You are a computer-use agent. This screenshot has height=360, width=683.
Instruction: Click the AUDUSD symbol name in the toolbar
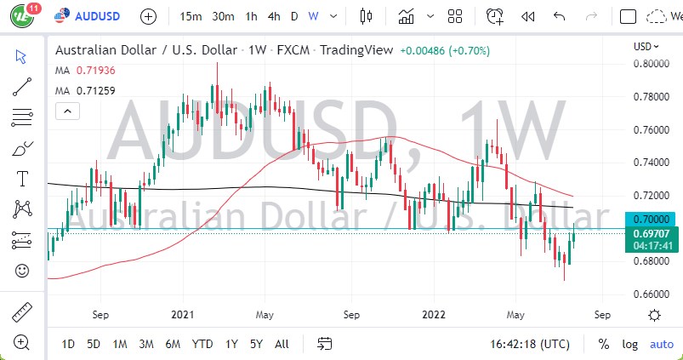pos(97,16)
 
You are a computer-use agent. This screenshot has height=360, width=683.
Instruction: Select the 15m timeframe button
pos(191,16)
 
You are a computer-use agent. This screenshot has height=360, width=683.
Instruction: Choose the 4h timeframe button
pos(273,16)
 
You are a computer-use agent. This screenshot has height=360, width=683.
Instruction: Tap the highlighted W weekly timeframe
pos(314,16)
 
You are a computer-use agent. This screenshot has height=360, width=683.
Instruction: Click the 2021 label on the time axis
pos(184,314)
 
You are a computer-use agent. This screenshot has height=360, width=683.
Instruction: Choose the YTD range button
pos(202,344)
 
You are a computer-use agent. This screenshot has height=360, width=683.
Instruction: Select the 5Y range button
pos(256,344)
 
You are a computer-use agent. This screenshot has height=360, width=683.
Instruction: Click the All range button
pos(282,344)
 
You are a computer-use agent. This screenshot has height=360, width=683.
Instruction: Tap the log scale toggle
pos(630,344)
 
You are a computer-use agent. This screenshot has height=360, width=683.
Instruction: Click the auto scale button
pos(661,344)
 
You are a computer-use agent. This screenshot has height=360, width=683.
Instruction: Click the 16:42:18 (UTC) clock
pos(531,344)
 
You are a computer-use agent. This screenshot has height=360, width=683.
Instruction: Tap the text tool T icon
pos(22,178)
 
